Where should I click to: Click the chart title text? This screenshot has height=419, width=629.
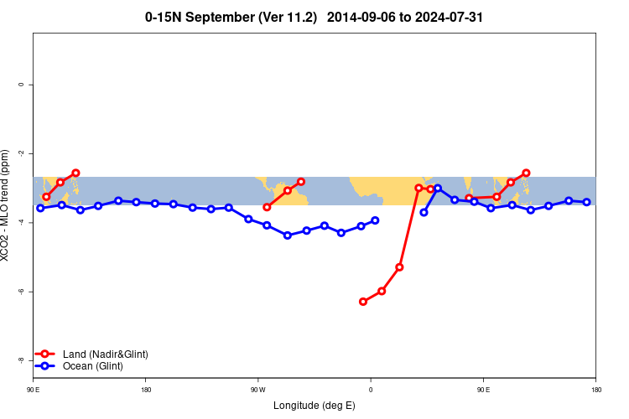click(314, 17)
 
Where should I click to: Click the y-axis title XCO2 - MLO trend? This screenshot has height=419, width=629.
click(7, 204)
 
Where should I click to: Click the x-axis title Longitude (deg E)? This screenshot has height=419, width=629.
click(314, 406)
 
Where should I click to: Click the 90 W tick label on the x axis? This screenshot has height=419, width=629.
click(257, 390)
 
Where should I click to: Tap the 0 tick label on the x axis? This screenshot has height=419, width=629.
click(371, 390)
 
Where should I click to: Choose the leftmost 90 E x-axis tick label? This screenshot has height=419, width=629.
click(34, 390)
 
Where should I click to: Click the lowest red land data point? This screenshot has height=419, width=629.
click(363, 302)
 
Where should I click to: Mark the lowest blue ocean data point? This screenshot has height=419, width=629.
click(288, 235)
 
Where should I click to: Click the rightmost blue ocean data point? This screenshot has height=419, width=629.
click(587, 202)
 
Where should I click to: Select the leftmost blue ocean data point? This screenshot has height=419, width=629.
click(40, 208)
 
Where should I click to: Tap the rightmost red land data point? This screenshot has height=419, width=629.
click(526, 173)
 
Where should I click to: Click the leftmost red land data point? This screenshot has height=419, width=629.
click(46, 197)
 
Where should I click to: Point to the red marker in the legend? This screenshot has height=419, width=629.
click(45, 354)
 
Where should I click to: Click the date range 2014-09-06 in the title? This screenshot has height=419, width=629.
click(361, 17)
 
